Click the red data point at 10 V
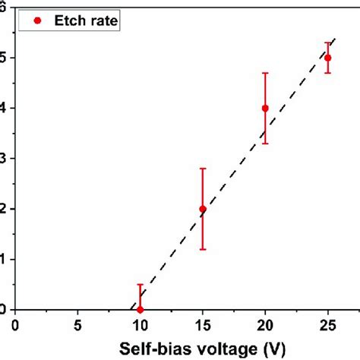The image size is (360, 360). tap(140, 309)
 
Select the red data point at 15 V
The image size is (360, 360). tap(203, 209)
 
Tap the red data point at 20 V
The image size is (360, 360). tap(265, 108)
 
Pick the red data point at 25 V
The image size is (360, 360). tap(328, 58)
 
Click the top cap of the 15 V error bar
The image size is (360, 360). tap(203, 168)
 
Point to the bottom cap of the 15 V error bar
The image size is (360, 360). tap(203, 249)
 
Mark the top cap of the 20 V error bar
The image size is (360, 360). tap(265, 73)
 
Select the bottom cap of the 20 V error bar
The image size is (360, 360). tap(265, 144)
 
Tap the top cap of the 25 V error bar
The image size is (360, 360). tap(328, 43)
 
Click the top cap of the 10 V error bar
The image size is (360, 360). tap(140, 285)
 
